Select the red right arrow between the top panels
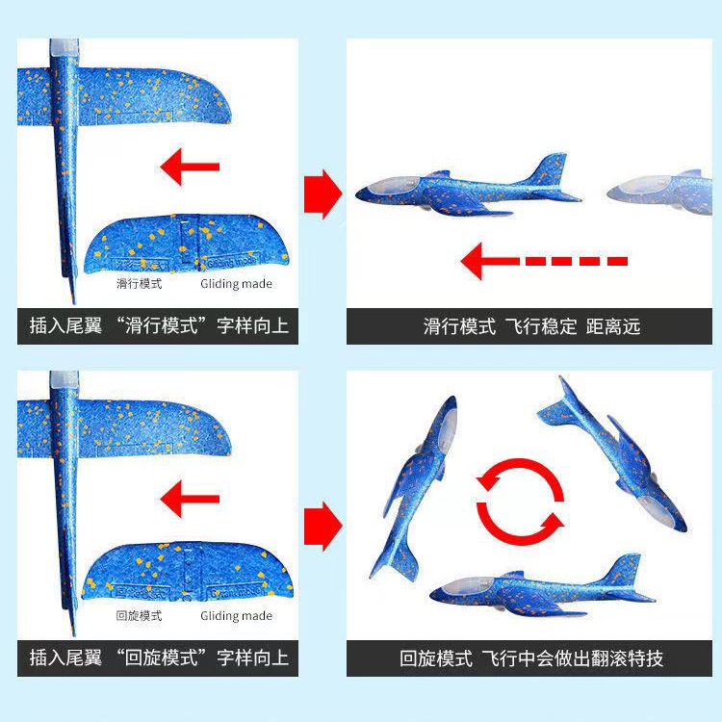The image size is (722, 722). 322,194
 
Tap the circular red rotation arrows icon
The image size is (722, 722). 521,501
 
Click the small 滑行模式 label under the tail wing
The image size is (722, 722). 140,284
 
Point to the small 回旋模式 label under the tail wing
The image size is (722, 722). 140,616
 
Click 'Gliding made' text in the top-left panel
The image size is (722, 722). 236,284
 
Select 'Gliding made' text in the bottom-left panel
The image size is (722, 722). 236,616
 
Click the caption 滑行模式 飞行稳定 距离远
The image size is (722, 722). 531,326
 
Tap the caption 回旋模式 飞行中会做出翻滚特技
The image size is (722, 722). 531,658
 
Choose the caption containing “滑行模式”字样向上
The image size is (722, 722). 159,326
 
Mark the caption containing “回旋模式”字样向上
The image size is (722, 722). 159,658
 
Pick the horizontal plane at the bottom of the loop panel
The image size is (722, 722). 539,587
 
